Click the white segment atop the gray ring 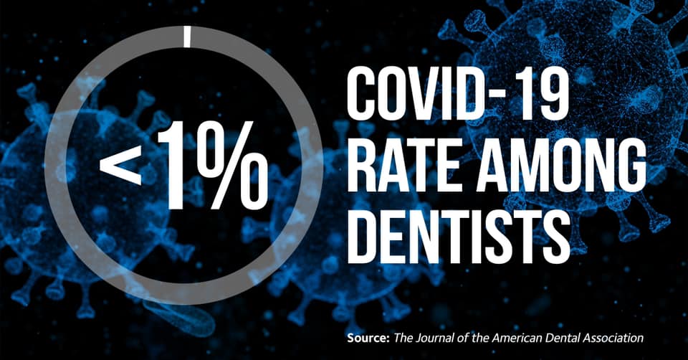click(187, 37)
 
